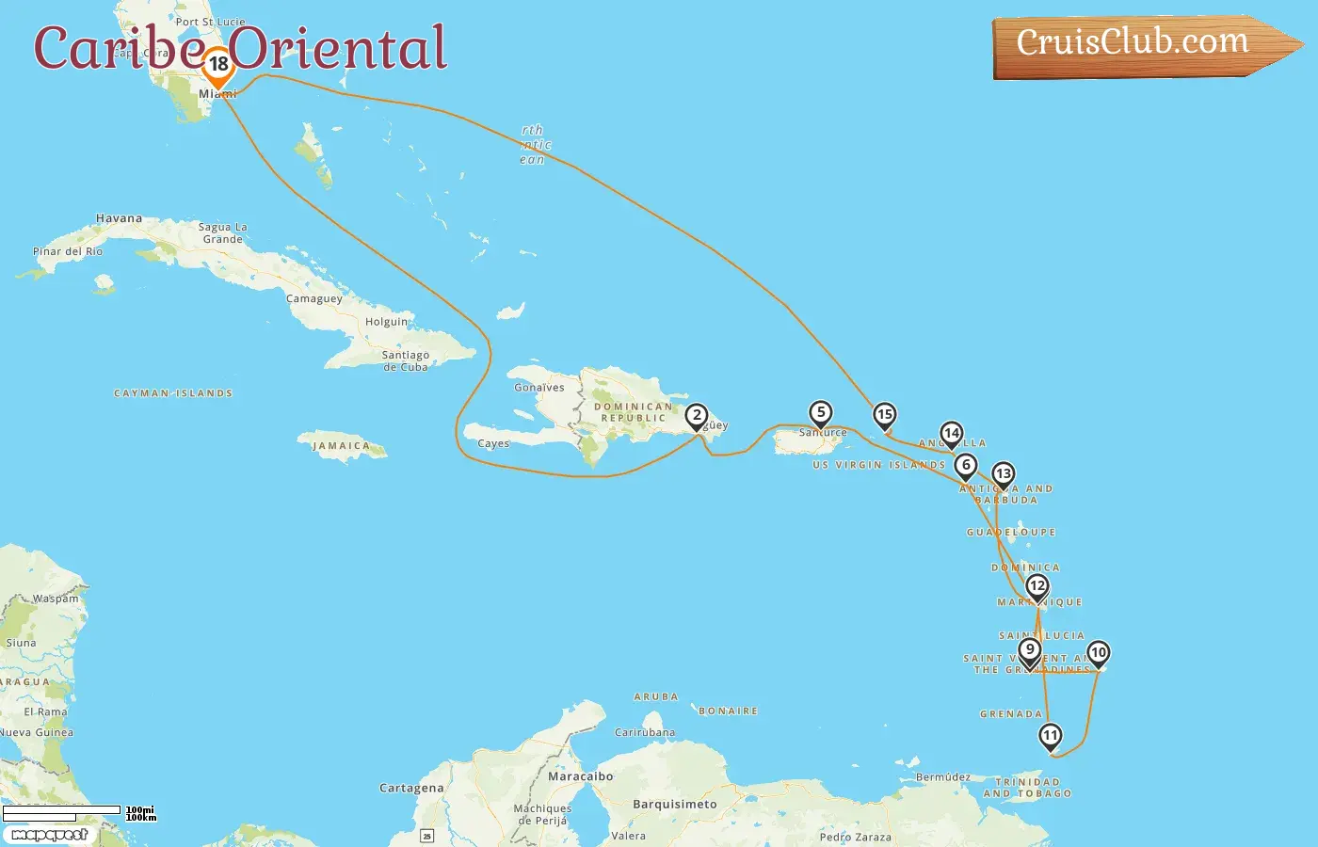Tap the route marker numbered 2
tap(697, 416)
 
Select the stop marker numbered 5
tap(821, 413)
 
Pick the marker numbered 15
tap(884, 415)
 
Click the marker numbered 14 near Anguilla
tap(952, 434)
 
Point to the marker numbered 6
tap(965, 466)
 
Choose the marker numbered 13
tap(1004, 475)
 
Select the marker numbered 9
tap(1030, 650)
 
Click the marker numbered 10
tap(1098, 653)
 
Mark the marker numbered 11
tap(1050, 736)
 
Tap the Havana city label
tap(120, 218)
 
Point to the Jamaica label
tap(342, 446)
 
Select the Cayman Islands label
tap(173, 393)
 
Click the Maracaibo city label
tap(581, 776)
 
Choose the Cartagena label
tap(411, 788)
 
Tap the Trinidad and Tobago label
tap(1028, 788)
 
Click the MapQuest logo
tap(49, 835)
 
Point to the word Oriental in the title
tap(339, 48)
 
